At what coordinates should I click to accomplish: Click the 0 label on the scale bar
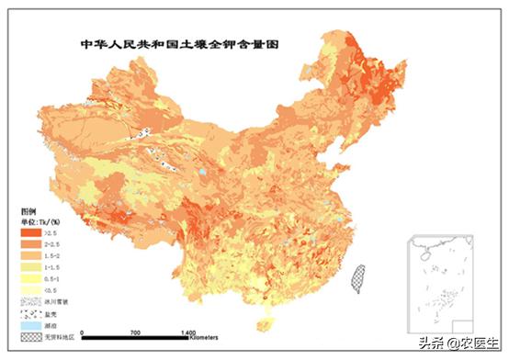click(83, 330)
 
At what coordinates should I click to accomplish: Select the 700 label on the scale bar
click(135, 330)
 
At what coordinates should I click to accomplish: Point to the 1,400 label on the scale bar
click(188, 330)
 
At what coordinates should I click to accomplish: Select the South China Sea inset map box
click(443, 281)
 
